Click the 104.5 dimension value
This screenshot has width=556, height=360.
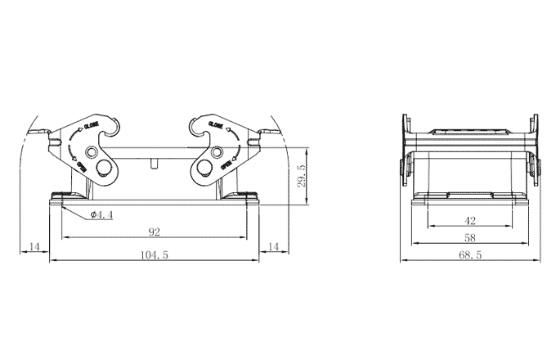(155, 255)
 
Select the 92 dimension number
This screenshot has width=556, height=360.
(154, 232)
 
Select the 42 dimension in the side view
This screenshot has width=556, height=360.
(469, 220)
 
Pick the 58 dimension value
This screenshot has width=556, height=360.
(469, 237)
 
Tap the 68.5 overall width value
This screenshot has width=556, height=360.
(469, 255)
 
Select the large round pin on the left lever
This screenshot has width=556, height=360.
(104, 169)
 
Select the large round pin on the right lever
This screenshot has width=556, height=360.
(203, 169)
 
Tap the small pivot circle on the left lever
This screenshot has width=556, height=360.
(92, 153)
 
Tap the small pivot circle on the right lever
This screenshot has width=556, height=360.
(217, 153)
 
